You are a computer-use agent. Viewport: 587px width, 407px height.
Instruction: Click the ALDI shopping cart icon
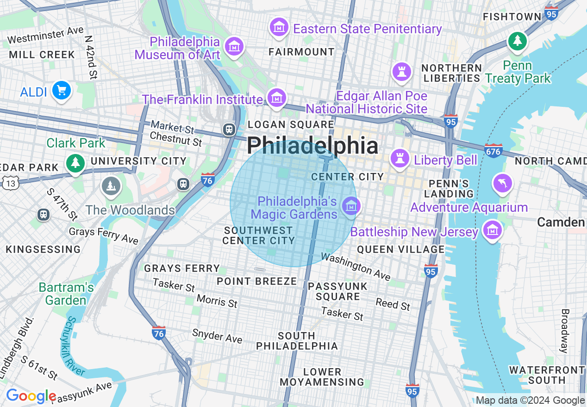point(61,90)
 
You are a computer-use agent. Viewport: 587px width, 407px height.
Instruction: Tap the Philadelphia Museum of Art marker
point(235,47)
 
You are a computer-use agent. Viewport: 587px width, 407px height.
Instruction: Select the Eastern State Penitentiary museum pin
point(279,28)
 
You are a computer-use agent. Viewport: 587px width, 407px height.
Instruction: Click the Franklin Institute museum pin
point(277,99)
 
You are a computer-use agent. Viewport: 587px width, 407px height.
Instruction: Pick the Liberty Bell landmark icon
point(399,159)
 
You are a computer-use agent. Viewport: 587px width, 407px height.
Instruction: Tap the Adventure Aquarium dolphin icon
point(502,183)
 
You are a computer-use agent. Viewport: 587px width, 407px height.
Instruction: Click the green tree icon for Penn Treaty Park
point(518,42)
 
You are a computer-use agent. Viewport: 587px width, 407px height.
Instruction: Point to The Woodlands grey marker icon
point(110,186)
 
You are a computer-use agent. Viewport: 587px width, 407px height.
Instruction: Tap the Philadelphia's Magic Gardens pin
point(351,206)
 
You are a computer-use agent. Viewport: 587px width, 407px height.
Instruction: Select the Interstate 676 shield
point(493,151)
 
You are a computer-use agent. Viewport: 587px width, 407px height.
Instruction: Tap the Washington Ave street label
point(356,266)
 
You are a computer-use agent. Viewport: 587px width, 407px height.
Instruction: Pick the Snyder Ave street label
point(217,336)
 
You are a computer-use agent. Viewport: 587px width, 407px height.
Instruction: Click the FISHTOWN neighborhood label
point(512,17)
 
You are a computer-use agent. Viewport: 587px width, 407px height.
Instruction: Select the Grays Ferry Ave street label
point(104,235)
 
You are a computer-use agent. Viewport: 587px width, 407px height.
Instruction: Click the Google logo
point(31,396)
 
